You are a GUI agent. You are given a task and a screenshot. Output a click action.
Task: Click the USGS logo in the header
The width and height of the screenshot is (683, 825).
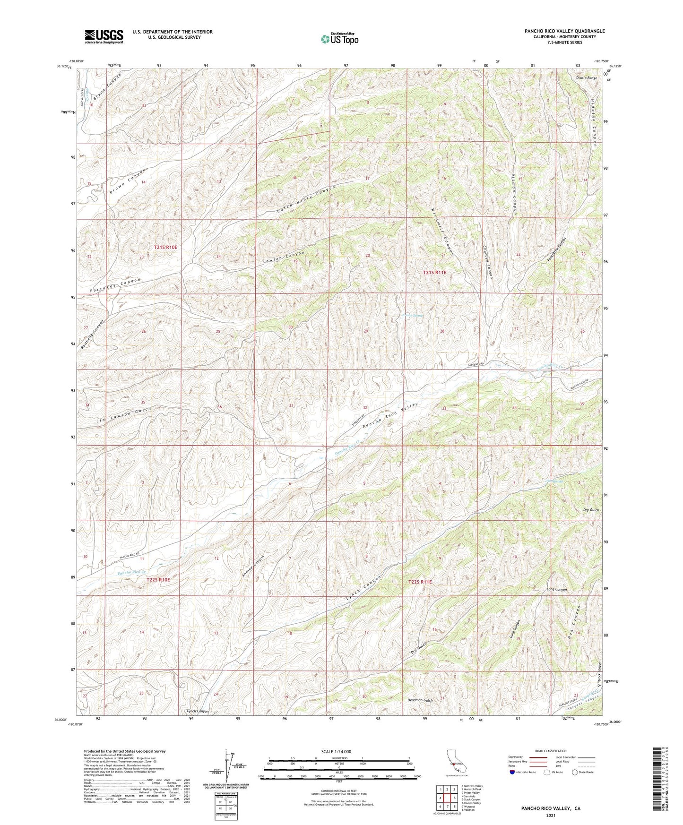point(104,36)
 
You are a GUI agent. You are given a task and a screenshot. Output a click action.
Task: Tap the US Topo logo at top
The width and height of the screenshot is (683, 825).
point(339,39)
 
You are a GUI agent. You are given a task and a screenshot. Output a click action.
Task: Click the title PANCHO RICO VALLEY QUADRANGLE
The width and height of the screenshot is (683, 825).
point(564,31)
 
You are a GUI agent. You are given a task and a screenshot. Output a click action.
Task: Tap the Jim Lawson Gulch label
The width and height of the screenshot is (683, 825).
point(124,414)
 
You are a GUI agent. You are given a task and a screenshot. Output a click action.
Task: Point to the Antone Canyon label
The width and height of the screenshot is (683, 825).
point(253,565)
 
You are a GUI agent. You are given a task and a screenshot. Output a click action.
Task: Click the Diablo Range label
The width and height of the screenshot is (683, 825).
point(587,78)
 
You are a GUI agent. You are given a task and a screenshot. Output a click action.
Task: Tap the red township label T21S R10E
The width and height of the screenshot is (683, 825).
point(165,247)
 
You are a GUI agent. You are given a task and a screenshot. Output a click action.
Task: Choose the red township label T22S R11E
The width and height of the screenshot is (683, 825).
point(420,582)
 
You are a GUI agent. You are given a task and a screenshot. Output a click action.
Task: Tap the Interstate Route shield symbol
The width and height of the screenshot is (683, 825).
point(512,772)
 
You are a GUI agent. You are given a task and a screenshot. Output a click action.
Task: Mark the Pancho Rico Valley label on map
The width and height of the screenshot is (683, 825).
point(390,415)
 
